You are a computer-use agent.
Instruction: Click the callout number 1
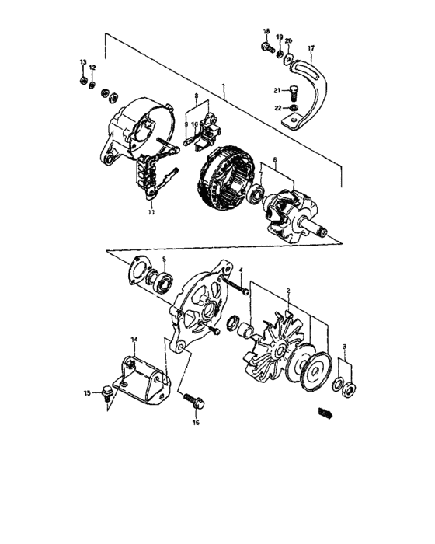point(223,85)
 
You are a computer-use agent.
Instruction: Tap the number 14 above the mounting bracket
point(134,340)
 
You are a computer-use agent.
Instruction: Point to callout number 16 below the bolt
point(196,424)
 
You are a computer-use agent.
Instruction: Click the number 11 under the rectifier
point(150,211)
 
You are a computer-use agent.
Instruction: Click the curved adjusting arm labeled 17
point(315,93)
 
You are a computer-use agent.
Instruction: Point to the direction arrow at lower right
point(324,414)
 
